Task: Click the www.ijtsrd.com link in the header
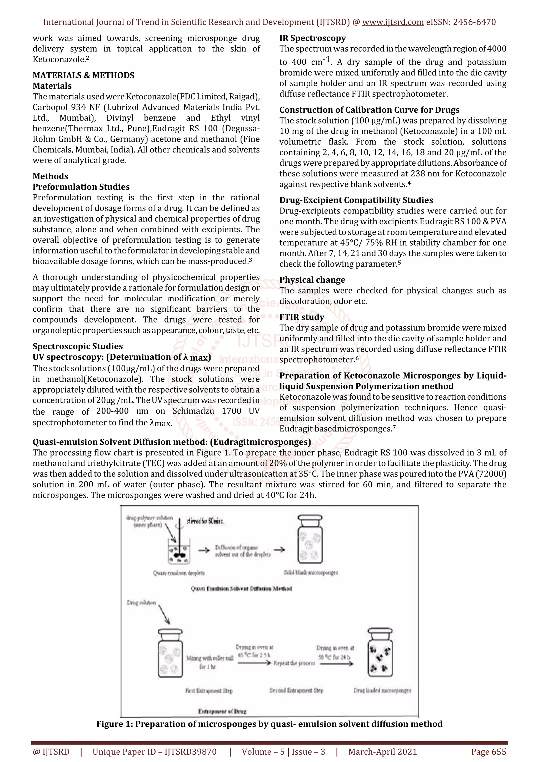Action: [393, 22]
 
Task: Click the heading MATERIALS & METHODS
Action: [83, 75]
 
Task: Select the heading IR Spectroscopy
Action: [312, 38]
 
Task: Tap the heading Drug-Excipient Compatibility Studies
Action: [356, 200]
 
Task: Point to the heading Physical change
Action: [312, 280]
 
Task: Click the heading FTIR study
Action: [302, 317]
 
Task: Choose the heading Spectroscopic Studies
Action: [77, 346]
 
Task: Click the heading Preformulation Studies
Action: [81, 187]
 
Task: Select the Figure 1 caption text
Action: [269, 724]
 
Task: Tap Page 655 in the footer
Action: [488, 752]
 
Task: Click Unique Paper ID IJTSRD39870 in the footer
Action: [154, 752]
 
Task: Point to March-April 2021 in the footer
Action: [382, 752]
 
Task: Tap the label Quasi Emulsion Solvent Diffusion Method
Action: [241, 588]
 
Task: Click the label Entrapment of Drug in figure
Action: [222, 711]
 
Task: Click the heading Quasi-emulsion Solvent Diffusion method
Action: [172, 442]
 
